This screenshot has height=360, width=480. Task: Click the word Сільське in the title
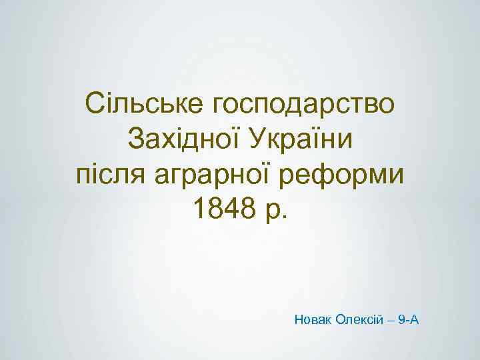(143, 104)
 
